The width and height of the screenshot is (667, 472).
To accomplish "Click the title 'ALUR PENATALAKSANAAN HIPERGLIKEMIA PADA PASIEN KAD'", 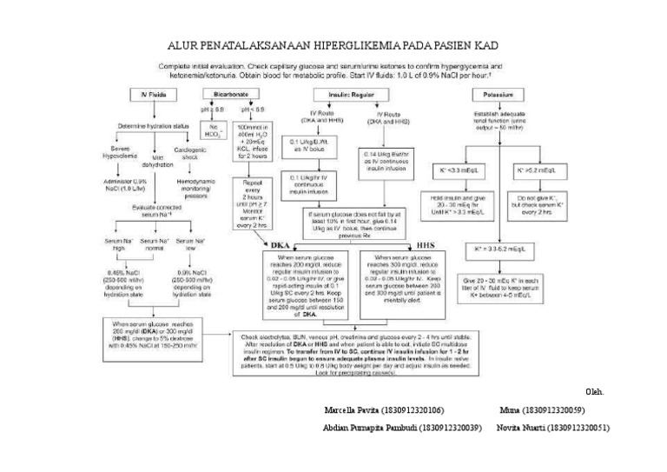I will click(333, 43).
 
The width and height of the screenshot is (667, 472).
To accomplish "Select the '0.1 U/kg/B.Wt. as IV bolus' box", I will click(313, 144).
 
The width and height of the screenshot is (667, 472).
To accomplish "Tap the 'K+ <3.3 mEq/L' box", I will click(452, 171).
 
